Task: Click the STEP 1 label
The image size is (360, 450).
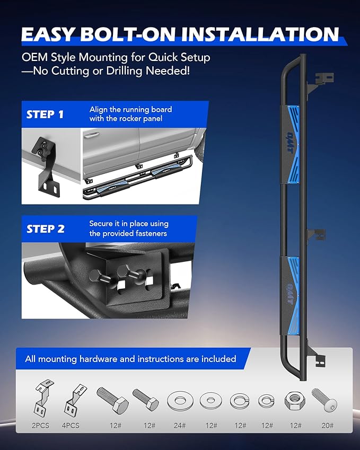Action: [45, 114]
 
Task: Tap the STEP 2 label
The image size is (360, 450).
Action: [46, 229]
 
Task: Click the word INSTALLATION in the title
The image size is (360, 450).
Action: [260, 34]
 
